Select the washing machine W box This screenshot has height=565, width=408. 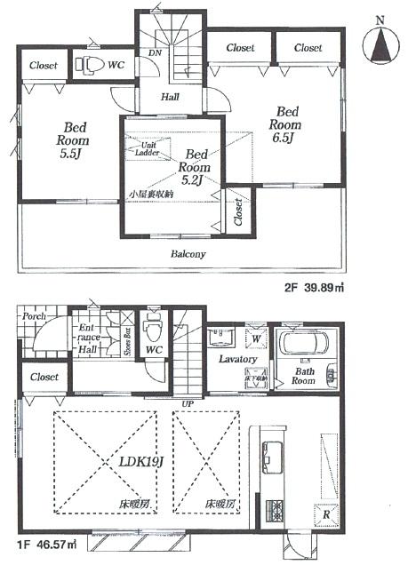tap(256, 338)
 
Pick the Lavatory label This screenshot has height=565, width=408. tap(237, 359)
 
